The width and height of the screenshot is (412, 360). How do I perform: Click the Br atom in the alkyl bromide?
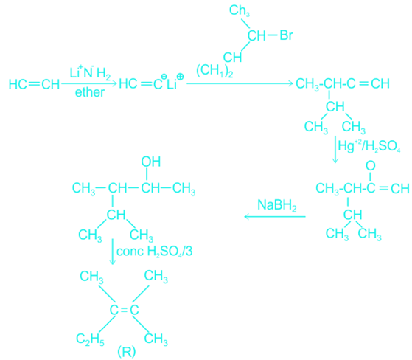pos(286,35)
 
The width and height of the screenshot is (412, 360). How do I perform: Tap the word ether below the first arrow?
pos(90,92)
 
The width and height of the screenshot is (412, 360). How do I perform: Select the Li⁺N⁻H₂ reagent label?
pos(90,72)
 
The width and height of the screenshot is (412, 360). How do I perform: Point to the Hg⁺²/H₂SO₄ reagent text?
pos(369,146)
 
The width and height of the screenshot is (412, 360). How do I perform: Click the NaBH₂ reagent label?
pos(277,205)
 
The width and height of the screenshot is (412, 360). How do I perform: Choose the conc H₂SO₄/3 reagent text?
pos(154,252)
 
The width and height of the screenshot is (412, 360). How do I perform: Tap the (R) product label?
pos(126,352)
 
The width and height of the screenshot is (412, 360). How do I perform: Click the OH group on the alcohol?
pos(151,162)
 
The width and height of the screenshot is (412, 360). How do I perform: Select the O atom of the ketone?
pos(371,166)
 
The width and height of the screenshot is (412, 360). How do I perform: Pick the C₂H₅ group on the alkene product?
pos(90,339)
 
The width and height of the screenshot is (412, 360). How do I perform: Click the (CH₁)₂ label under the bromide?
pos(214,72)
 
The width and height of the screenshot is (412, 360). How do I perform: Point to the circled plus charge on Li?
pos(181,77)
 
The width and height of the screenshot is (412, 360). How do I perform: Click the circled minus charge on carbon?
pos(164,77)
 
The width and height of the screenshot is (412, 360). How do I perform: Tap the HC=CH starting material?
pos(35,84)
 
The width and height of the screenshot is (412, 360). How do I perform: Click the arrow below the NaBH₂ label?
pos(275,217)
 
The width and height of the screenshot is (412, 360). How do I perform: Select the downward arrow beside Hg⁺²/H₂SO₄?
pos(335,150)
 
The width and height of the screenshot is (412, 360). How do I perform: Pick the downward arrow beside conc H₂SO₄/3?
pos(113,252)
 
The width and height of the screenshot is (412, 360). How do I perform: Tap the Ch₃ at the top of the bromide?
pos(240,11)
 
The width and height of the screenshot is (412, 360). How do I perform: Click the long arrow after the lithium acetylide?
pos(240,83)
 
